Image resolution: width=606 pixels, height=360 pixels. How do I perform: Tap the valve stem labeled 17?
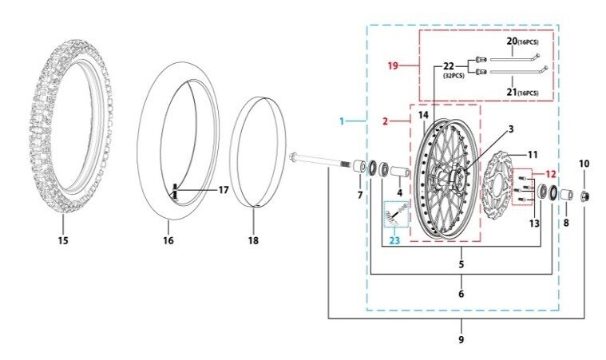pos(175,192)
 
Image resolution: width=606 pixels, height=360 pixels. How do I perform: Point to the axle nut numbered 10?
pos(584,196)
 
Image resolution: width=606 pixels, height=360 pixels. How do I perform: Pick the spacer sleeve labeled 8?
pos(566,195)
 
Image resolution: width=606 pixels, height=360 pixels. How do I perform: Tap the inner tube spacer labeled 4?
pos(400,172)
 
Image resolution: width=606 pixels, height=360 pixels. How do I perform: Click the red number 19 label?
pos(393,65)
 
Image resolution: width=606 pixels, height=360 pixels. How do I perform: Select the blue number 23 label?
pos(394,240)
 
